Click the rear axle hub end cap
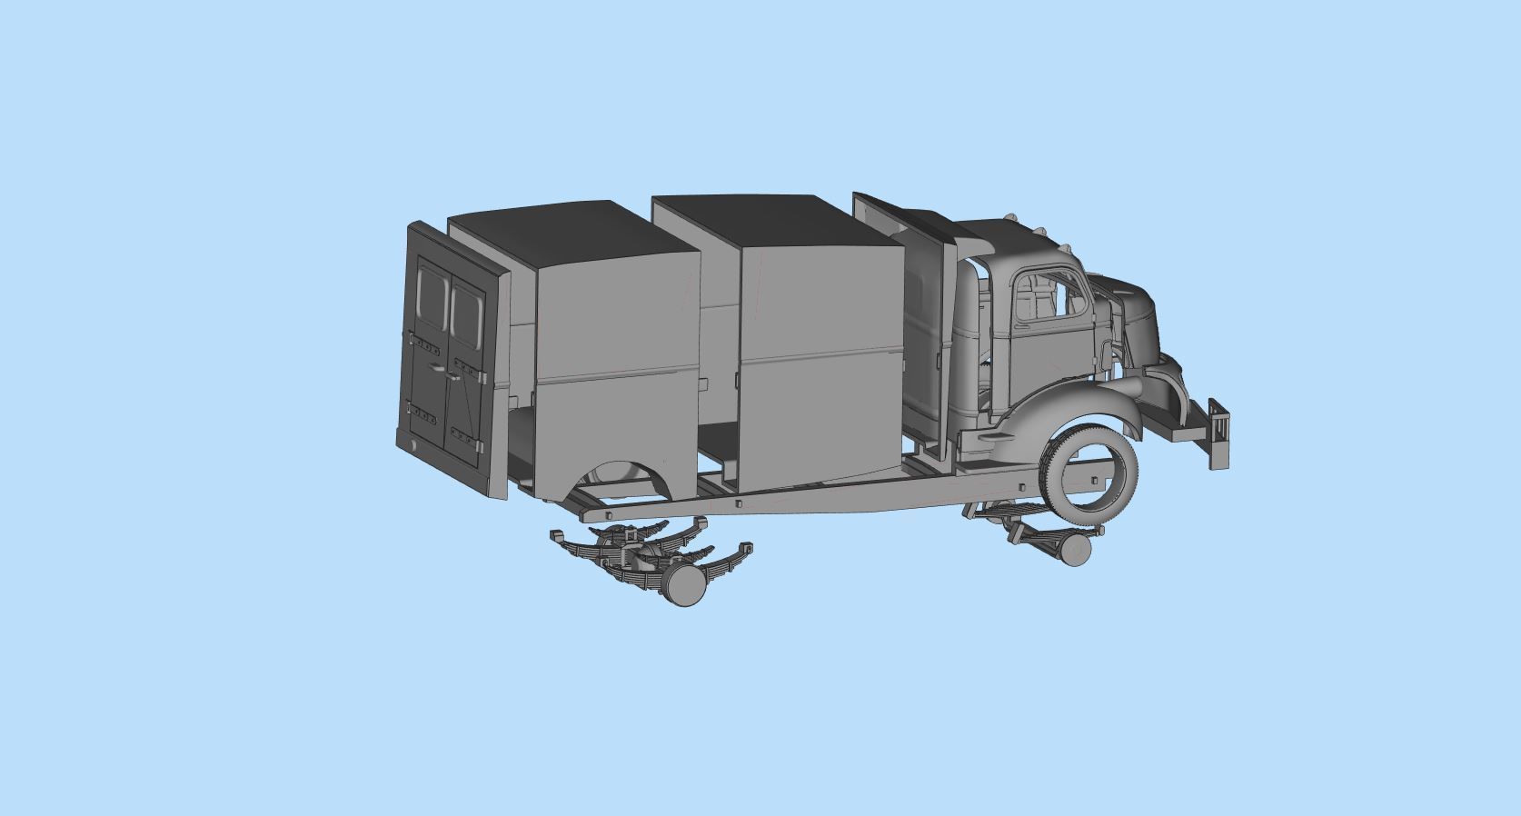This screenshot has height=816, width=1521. [x=686, y=589]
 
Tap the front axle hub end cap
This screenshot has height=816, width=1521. [x=1075, y=550]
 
